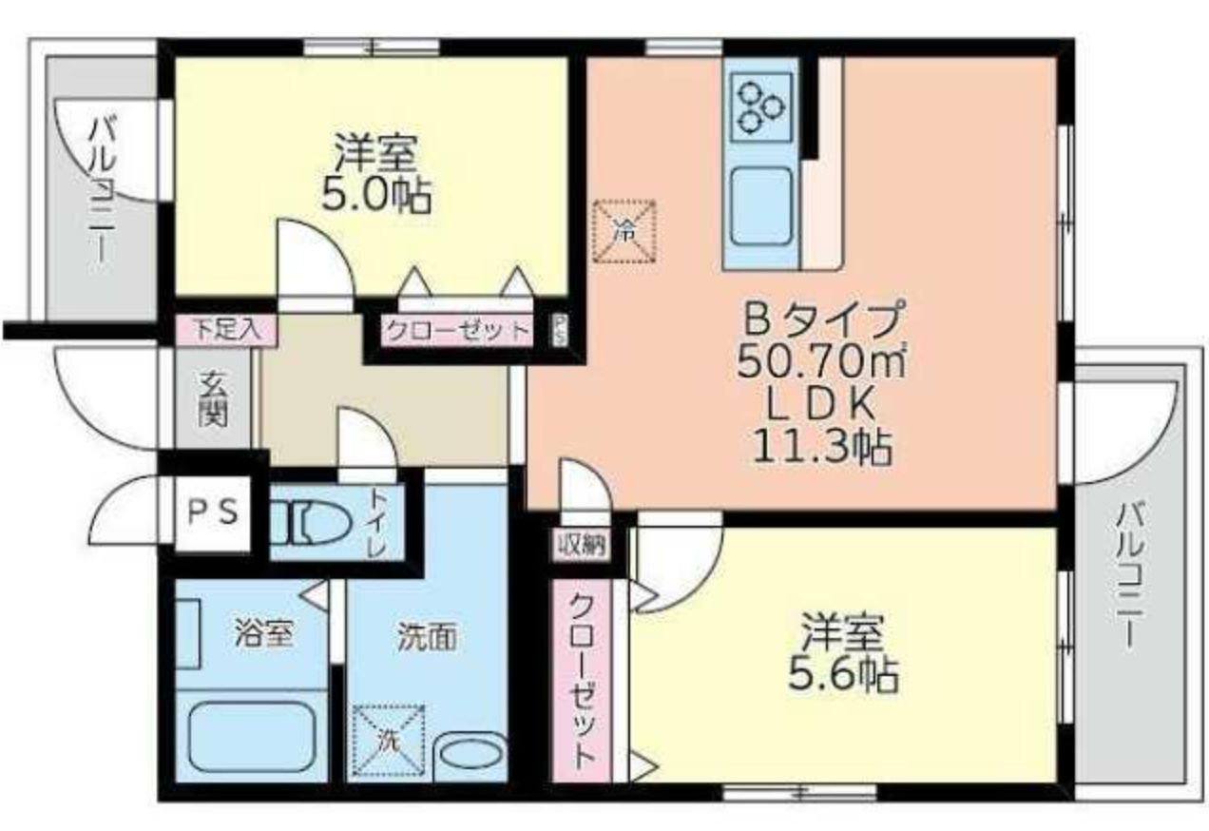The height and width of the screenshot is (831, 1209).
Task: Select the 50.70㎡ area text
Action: pos(819,361)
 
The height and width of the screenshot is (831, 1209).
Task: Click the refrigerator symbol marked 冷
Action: pos(624,229)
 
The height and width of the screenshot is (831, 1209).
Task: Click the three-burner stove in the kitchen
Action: pos(762,106)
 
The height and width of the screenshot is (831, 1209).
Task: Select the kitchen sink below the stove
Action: pos(762,203)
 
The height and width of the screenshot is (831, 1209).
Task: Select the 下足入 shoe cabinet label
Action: pos(225,329)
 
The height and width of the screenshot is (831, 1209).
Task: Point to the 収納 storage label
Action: pos(583,544)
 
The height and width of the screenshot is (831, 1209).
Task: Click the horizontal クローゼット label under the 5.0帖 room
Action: pos(455,332)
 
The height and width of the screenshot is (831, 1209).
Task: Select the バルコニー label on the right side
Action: pos(1128,574)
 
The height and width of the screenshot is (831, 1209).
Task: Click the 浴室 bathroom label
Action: pos(261,634)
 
